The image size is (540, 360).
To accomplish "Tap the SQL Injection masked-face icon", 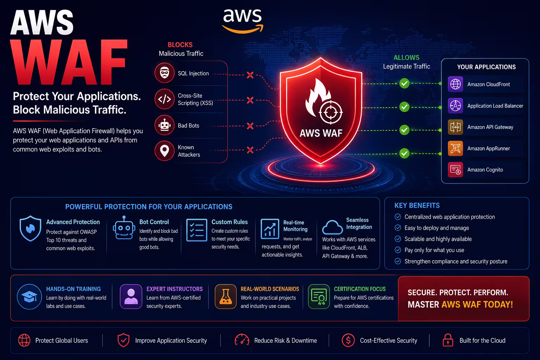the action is click(x=165, y=73).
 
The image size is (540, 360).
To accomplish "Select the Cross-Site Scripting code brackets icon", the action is click(x=165, y=99).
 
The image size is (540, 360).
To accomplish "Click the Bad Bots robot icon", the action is click(x=165, y=125).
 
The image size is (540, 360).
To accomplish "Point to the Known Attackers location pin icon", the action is click(x=165, y=151).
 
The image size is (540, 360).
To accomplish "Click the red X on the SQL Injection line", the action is click(x=250, y=75).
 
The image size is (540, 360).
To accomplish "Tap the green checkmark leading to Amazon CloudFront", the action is click(x=404, y=83).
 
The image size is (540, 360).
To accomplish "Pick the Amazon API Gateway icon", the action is click(x=455, y=127).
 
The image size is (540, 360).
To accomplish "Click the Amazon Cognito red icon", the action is click(x=455, y=170).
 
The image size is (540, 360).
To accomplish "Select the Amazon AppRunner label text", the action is click(x=489, y=148).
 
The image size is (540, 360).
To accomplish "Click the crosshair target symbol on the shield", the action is click(x=331, y=112).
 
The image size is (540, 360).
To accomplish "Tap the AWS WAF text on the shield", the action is click(x=321, y=133).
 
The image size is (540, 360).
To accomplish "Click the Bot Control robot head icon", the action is click(x=124, y=227).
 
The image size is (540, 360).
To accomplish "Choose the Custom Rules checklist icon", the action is click(x=197, y=230).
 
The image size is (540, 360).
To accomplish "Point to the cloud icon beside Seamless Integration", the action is click(x=333, y=227).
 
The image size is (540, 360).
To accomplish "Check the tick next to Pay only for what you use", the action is click(x=398, y=250).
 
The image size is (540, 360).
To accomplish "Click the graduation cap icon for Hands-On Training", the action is click(x=30, y=297).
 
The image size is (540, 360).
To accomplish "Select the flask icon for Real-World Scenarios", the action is click(x=226, y=297).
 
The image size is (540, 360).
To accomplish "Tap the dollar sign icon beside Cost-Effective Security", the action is click(x=348, y=340).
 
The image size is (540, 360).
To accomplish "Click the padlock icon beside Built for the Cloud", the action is click(x=448, y=340).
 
